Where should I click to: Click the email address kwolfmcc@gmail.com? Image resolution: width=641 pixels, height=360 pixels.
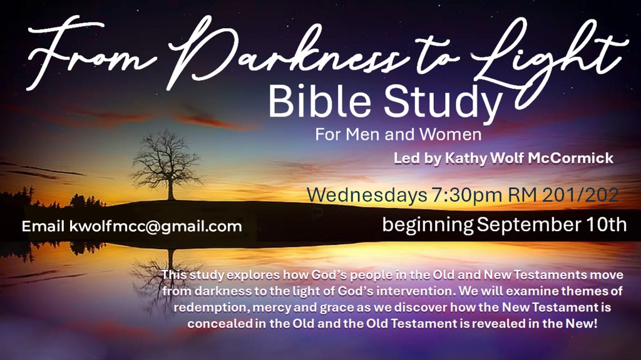point(156,227)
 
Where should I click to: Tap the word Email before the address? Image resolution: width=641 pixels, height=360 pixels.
point(43,226)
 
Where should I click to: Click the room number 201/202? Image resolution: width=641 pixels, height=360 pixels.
point(580,195)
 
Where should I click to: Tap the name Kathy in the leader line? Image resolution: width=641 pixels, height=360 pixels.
point(466,158)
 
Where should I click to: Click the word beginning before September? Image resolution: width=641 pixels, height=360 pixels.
point(428,225)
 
